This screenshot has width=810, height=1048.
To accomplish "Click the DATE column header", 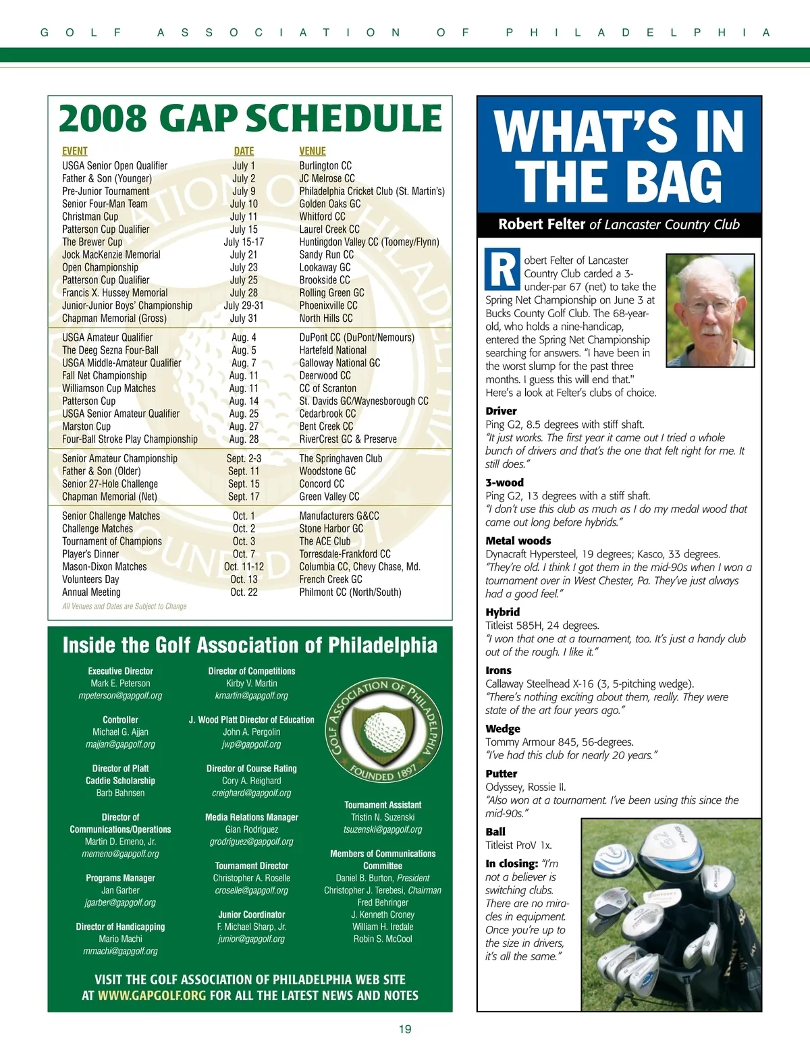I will (x=244, y=151).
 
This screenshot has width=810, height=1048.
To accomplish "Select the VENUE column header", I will (x=313, y=151).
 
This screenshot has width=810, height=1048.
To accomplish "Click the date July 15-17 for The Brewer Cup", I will (x=244, y=242).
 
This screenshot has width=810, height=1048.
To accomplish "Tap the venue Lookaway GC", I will (x=325, y=267).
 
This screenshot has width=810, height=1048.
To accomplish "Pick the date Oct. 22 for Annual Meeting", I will (x=244, y=592).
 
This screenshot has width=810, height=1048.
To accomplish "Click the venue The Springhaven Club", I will (x=340, y=458).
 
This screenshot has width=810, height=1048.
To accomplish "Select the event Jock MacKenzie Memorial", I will (x=111, y=254).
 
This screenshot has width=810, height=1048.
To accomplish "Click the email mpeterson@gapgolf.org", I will (x=120, y=696).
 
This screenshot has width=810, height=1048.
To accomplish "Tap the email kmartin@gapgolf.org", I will (x=251, y=696).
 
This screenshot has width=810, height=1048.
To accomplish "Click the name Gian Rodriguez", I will (x=251, y=829).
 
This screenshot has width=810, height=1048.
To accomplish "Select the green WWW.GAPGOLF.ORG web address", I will (x=152, y=995).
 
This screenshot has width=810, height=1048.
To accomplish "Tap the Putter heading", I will (x=502, y=774).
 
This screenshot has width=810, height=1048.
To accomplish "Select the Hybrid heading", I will (x=503, y=612).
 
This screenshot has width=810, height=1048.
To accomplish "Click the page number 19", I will (x=405, y=1029).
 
